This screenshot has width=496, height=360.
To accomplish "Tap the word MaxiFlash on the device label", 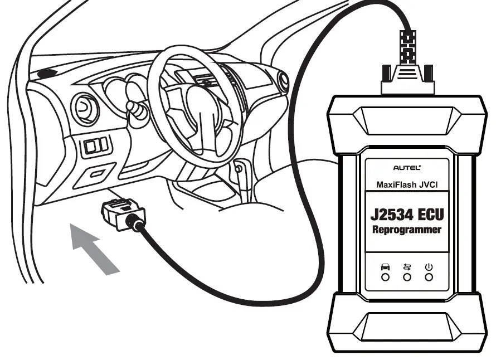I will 393,184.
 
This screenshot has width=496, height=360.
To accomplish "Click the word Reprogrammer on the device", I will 407,230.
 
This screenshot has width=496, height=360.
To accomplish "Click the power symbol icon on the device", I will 429,267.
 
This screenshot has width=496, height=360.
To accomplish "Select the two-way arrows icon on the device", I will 407,267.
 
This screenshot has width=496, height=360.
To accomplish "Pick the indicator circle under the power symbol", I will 429,277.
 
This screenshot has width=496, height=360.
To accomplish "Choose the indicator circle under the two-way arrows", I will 407,277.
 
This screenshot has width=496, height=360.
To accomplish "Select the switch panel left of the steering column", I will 96,146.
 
